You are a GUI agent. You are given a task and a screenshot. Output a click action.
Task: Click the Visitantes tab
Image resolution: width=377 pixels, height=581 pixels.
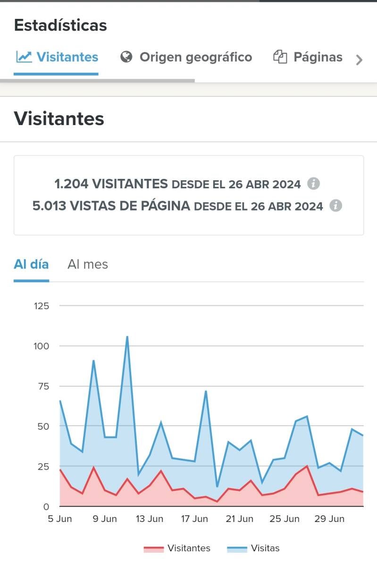[x=57, y=57]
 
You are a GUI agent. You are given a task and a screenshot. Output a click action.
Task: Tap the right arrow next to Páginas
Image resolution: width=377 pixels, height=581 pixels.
[x=360, y=60]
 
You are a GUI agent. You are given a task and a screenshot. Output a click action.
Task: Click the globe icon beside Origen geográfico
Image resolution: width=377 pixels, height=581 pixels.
[x=126, y=57]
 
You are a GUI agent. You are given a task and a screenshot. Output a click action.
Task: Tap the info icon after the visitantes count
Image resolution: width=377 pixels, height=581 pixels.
[x=313, y=184]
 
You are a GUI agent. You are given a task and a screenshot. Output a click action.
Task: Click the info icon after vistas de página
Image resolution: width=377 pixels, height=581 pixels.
[x=335, y=205]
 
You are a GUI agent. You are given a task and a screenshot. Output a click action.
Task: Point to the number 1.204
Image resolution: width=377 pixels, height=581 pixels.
[x=71, y=184]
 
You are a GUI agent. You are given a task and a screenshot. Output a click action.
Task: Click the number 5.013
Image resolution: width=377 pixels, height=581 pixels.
[x=49, y=206]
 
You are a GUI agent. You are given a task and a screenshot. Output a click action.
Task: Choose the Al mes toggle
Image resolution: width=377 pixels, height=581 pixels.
[x=88, y=264]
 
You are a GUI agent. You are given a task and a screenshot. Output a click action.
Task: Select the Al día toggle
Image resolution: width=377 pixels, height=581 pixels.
[x=31, y=264]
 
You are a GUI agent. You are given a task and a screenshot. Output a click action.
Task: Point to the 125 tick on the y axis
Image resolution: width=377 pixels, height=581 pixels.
[x=42, y=306]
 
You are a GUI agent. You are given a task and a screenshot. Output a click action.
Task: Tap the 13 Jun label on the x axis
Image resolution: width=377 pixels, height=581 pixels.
[x=150, y=519]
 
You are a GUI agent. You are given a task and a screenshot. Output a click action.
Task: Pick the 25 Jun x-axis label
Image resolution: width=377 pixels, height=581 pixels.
[x=285, y=519]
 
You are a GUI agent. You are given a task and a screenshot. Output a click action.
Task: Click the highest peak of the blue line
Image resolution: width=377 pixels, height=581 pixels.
[x=127, y=337]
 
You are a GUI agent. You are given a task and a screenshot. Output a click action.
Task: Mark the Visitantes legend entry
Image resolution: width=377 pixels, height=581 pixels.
[x=177, y=548]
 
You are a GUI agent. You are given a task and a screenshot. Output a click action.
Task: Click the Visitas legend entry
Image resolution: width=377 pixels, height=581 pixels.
[x=254, y=548]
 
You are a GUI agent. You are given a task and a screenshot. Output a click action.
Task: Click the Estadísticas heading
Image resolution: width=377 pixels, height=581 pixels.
[x=60, y=25]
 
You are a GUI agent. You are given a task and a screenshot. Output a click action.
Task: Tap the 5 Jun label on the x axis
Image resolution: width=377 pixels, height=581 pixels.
[x=60, y=519]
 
